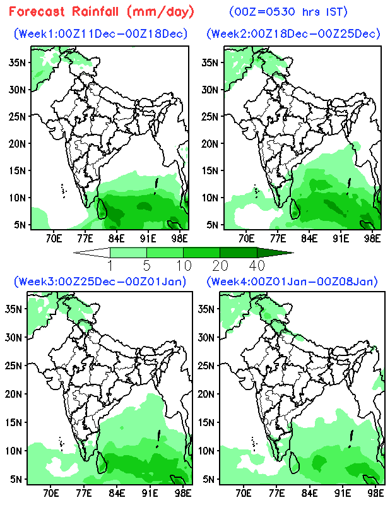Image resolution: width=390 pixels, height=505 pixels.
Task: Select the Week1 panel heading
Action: [x=101, y=33]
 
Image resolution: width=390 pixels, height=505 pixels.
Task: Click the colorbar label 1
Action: [x=110, y=263]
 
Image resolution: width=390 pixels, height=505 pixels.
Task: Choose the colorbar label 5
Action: [x=146, y=263]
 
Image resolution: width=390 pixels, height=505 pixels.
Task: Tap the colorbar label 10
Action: [x=183, y=263]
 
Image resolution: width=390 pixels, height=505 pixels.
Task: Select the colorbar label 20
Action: [x=220, y=263]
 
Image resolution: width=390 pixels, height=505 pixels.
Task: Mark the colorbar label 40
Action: [x=256, y=263]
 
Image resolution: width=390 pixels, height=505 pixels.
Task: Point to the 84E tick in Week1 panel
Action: [x=116, y=238]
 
